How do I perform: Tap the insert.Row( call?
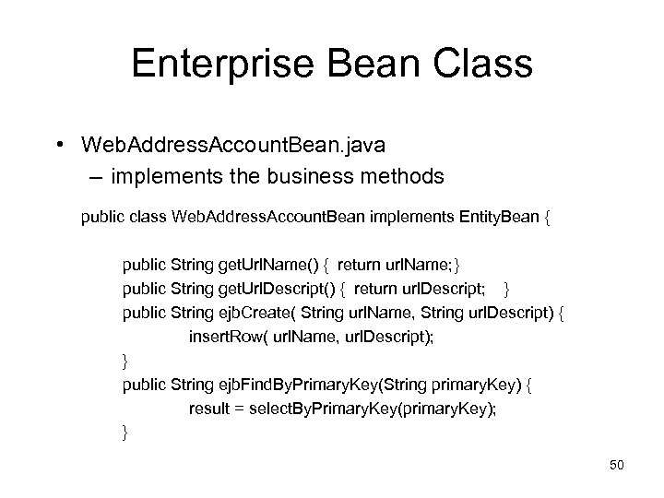click(x=226, y=337)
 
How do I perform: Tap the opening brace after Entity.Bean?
click(x=549, y=220)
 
